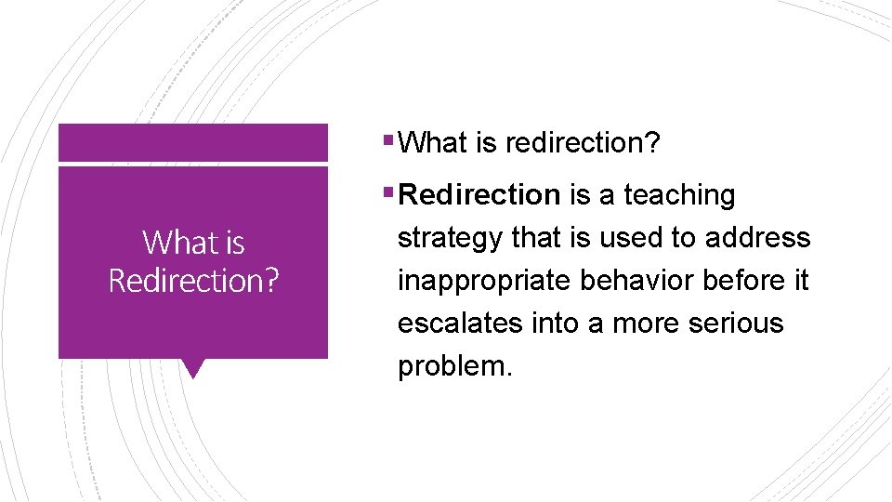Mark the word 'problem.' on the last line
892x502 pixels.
click(x=454, y=366)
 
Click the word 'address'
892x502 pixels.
click(x=757, y=238)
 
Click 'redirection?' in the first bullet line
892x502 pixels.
click(x=583, y=143)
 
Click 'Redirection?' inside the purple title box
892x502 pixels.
click(x=193, y=280)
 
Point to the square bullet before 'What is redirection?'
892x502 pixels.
click(x=387, y=142)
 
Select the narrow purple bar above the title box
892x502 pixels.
click(x=193, y=142)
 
